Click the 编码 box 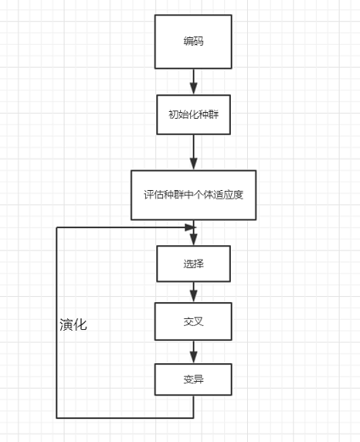tap(193, 41)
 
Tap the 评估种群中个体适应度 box tap(194, 194)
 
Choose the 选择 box tap(193, 263)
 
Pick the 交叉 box tap(193, 321)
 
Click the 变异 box tap(193, 378)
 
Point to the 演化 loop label tap(73, 325)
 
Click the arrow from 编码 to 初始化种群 tap(194, 81)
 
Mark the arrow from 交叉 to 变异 tap(194, 350)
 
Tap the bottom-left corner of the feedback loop tap(57, 417)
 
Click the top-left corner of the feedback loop tap(57, 227)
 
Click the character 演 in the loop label tap(66, 325)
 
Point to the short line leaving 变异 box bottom tap(194, 406)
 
